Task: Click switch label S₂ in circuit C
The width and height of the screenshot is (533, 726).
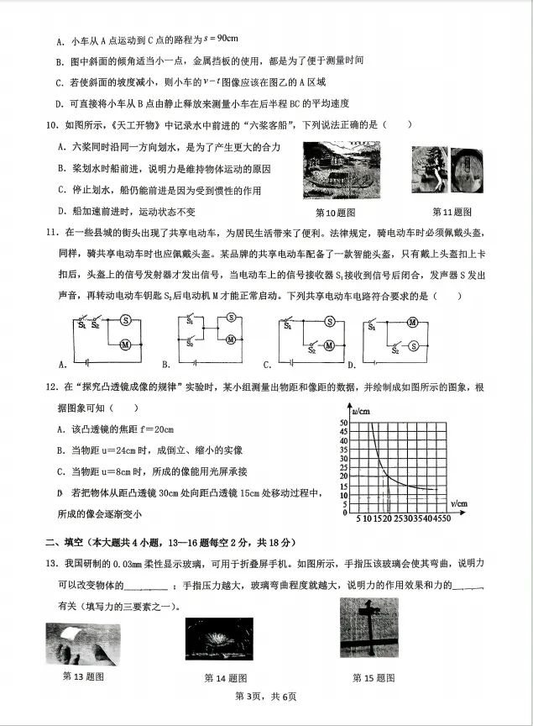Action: [x=312, y=352]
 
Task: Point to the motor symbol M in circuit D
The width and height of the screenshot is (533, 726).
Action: [x=412, y=321]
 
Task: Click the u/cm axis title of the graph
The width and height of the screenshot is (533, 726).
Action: [x=363, y=411]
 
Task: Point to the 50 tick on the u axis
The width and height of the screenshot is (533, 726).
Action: [x=344, y=422]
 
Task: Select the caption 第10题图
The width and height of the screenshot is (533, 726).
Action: [x=335, y=213]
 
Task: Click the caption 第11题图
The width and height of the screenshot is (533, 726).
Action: [x=452, y=212]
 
